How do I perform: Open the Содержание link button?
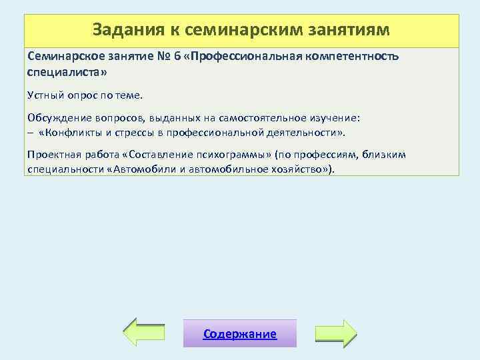click(240, 334)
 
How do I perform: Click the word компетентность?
click(350, 57)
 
